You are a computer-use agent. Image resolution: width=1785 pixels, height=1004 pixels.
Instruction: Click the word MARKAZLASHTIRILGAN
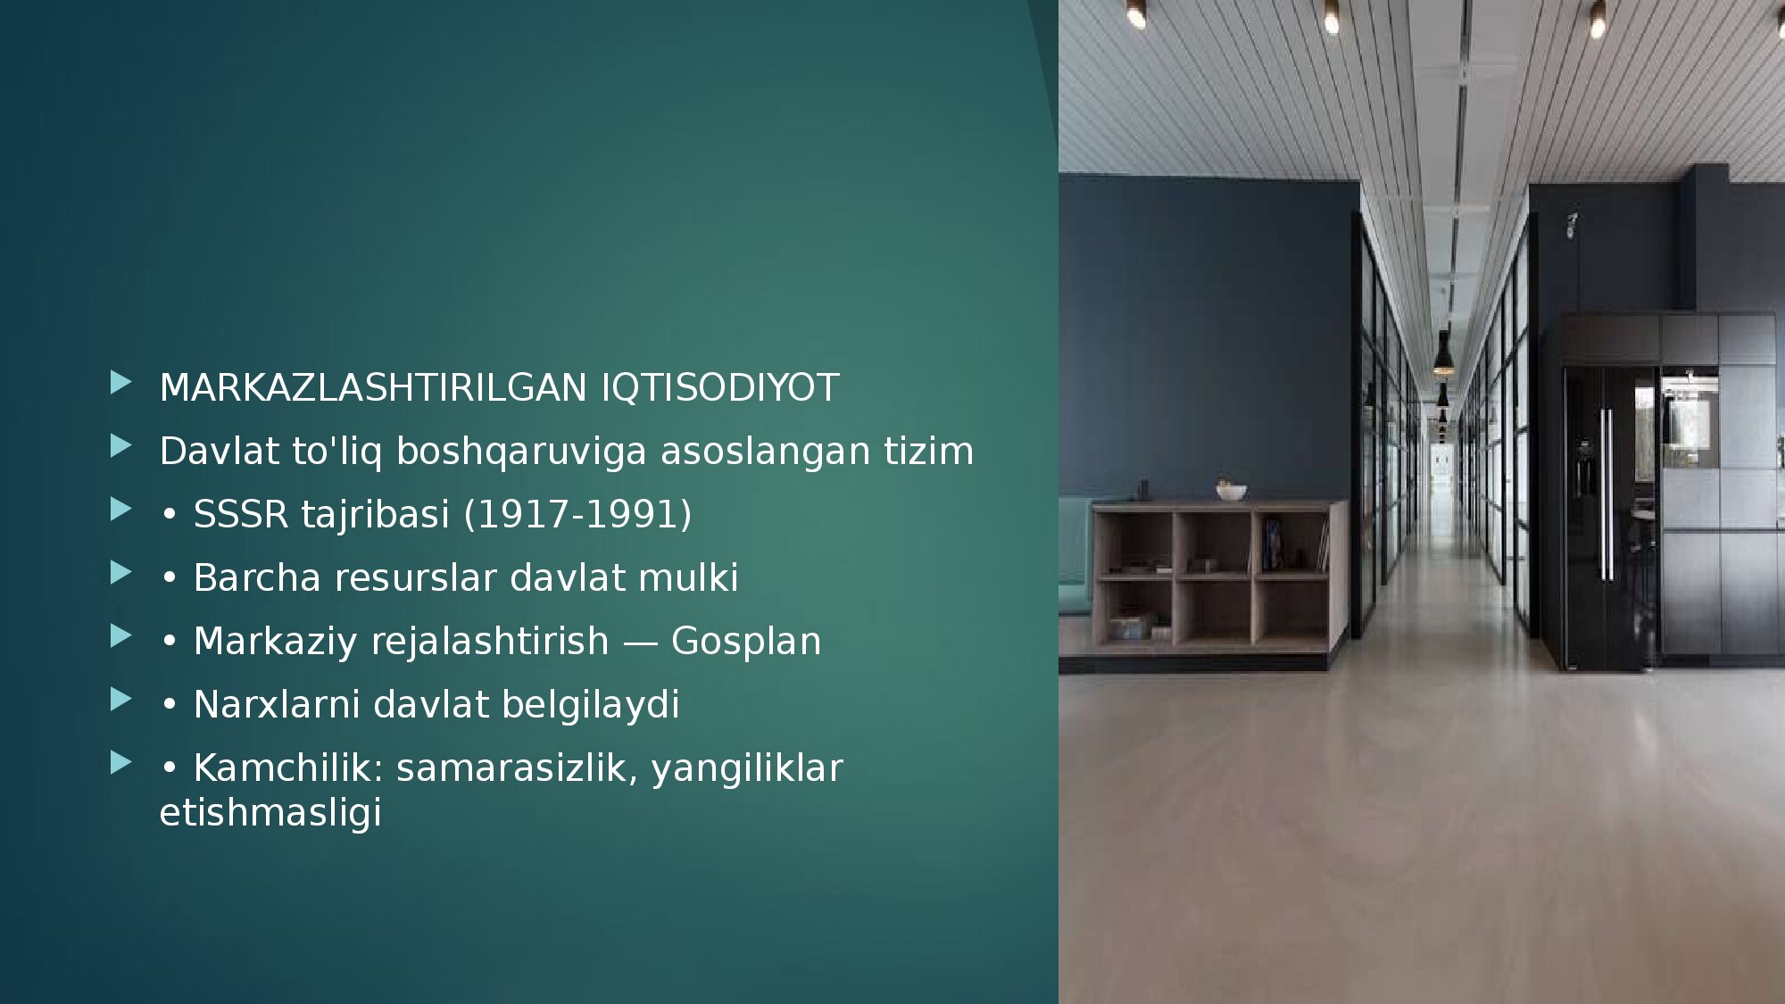[373, 388]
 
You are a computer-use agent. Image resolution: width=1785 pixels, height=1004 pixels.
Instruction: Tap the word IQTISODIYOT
[720, 388]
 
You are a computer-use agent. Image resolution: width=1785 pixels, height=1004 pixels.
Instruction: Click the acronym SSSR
[241, 515]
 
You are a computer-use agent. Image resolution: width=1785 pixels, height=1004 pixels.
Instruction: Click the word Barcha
[257, 578]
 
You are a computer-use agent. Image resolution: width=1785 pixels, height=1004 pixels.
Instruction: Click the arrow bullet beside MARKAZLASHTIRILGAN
[121, 384]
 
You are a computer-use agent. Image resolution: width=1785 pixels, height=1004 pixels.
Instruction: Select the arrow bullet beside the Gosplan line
[121, 637]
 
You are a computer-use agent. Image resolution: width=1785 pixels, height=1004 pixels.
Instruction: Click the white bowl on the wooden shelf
[1231, 492]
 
